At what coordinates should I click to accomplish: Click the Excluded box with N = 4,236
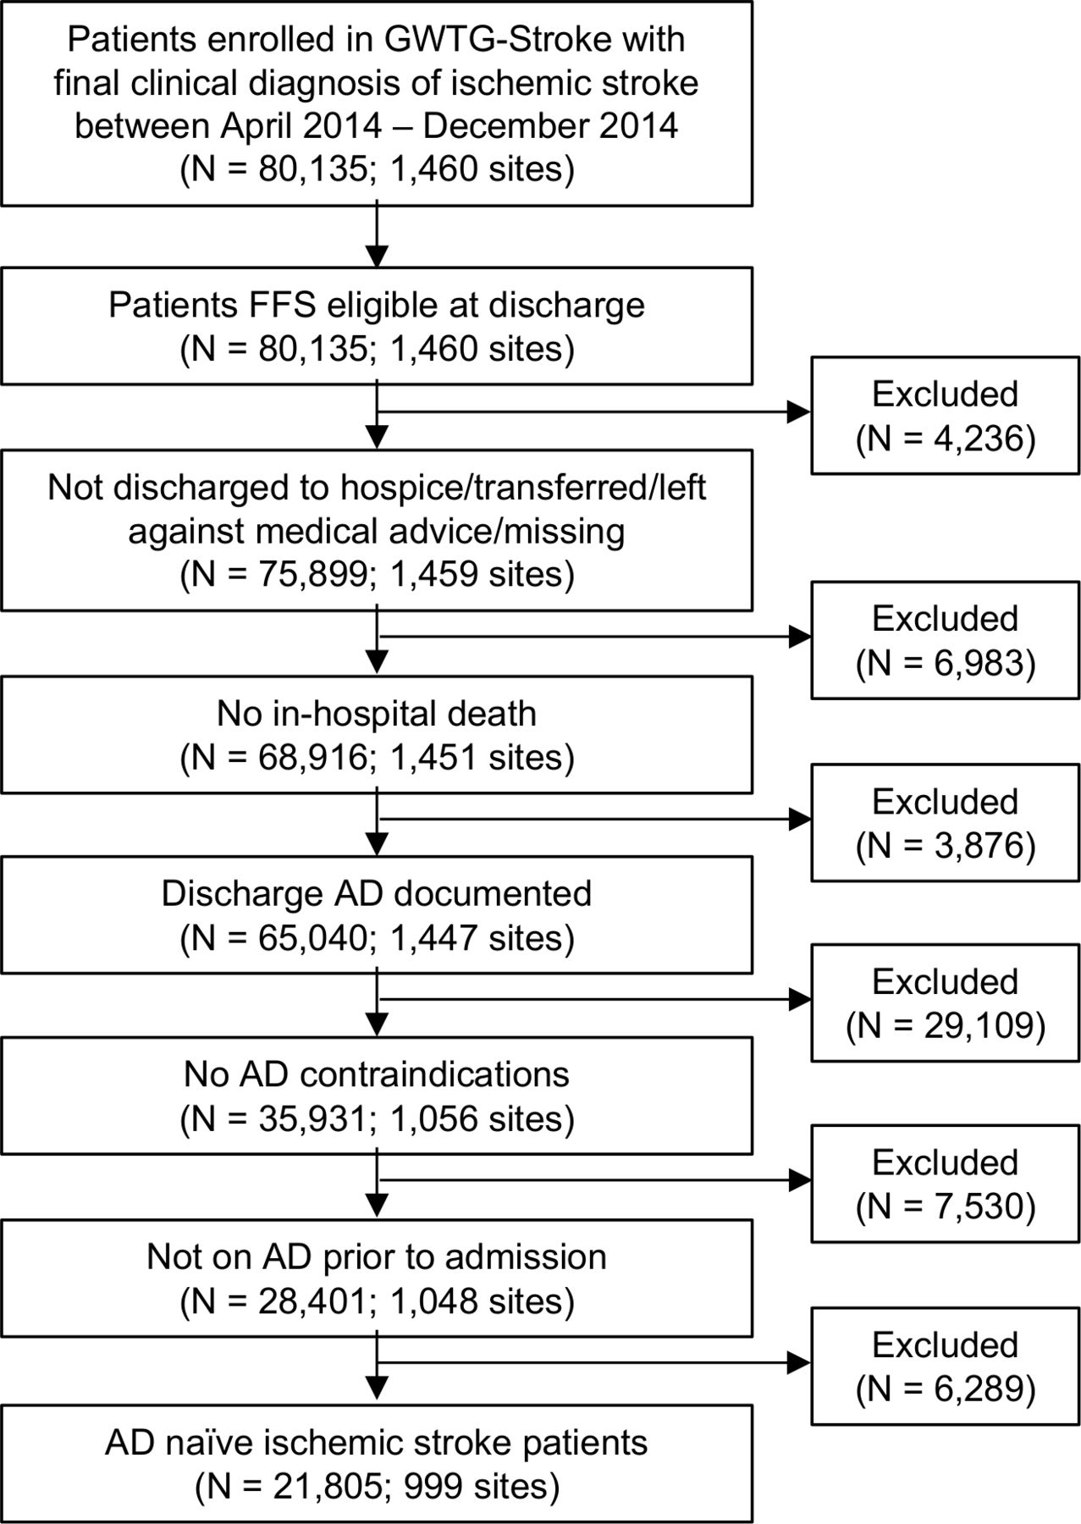click(x=946, y=416)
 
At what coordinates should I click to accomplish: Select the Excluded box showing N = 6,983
click(x=946, y=639)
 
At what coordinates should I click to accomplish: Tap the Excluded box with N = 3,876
click(x=946, y=822)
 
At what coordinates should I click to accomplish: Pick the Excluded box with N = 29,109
click(x=946, y=1002)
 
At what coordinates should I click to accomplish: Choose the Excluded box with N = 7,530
click(x=946, y=1184)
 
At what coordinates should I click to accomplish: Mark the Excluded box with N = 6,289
click(x=946, y=1366)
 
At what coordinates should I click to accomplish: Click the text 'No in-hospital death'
click(x=377, y=714)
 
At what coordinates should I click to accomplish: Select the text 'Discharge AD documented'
click(x=377, y=895)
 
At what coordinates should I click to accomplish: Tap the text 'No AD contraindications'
click(x=377, y=1075)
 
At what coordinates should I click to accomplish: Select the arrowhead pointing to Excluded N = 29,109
click(x=799, y=1000)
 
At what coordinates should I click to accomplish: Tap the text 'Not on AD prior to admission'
click(x=377, y=1257)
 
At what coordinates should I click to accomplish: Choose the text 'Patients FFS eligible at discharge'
click(x=377, y=306)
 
